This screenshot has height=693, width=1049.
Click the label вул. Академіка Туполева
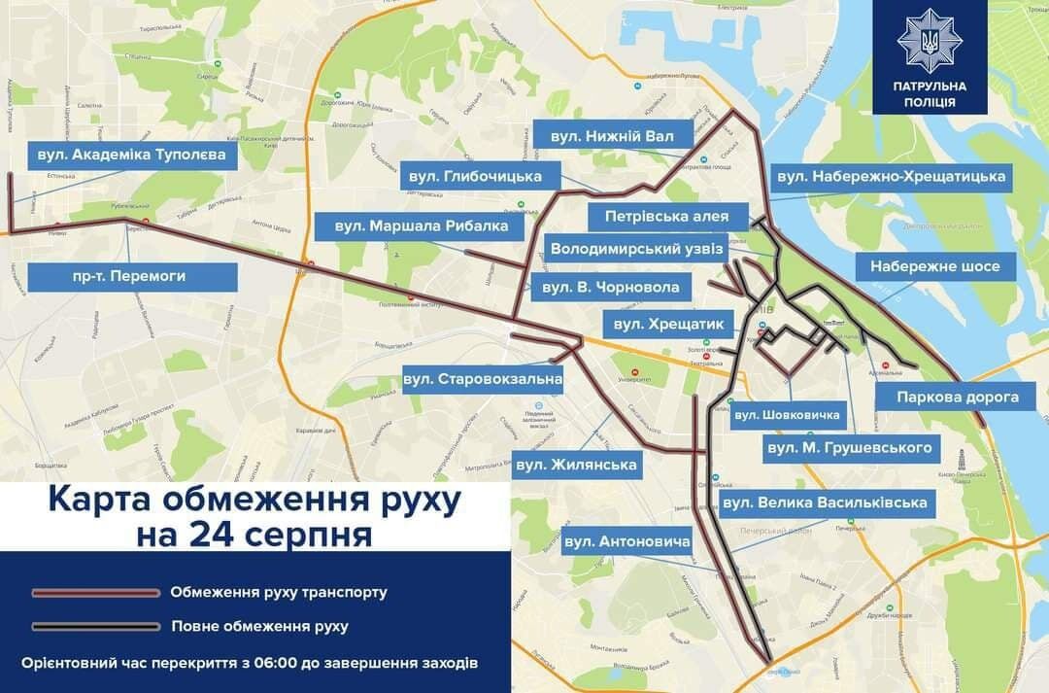tap(131, 155)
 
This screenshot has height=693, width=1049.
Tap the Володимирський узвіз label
tap(636, 250)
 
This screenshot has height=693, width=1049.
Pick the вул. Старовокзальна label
tap(483, 378)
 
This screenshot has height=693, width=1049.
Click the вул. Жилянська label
tap(577, 465)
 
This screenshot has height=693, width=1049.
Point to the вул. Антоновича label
tap(626, 540)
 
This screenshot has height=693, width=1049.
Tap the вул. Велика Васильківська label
tap(824, 503)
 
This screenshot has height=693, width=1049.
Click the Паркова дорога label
tap(957, 397)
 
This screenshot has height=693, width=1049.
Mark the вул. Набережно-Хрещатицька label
tap(890, 177)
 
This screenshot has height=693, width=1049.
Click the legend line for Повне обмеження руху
tap(95, 626)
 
